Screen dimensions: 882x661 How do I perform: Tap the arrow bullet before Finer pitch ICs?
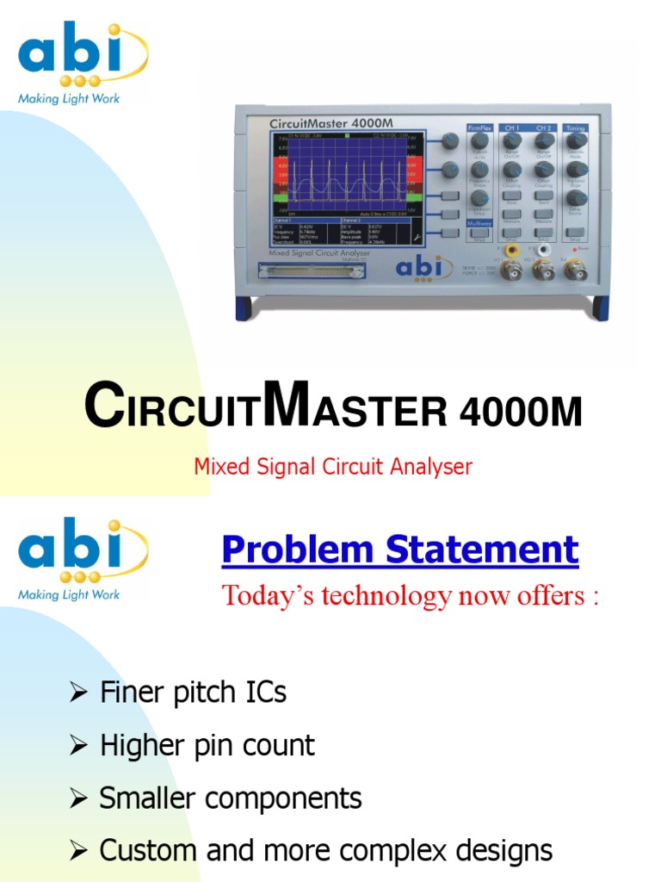click(79, 693)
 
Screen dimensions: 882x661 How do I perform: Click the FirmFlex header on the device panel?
click(479, 127)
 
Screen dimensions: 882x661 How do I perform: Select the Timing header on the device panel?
click(575, 127)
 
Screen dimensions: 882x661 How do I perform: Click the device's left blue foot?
click(244, 307)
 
